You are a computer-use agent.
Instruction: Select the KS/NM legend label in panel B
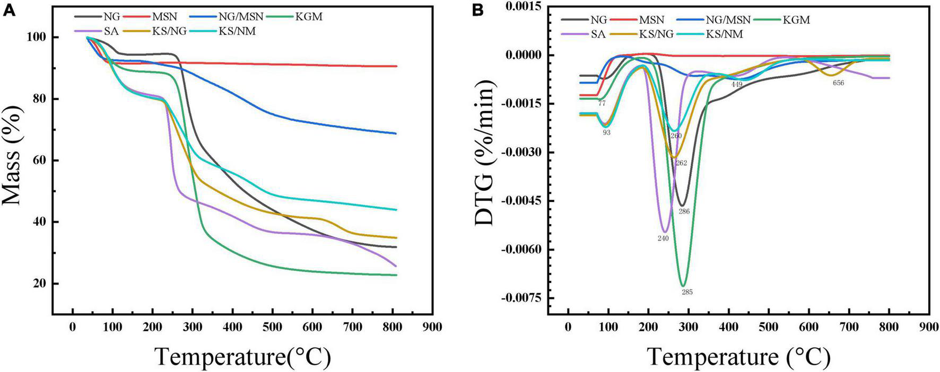pos(724,34)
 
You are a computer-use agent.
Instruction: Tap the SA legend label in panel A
pos(111,31)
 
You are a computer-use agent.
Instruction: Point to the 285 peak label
pos(687,292)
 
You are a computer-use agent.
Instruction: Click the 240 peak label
pos(663,238)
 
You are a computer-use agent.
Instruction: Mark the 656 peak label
pos(838,83)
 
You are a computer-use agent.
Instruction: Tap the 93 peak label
pos(606,132)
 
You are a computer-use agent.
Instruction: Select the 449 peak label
pos(736,85)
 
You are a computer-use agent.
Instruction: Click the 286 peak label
pos(684,211)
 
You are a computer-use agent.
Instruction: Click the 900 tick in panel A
pos(432,327)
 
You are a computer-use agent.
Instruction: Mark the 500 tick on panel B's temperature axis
pos(769,327)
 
